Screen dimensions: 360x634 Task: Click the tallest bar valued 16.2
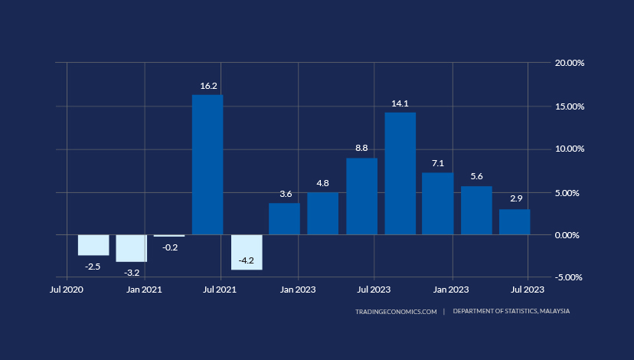(208, 165)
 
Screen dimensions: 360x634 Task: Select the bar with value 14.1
(400, 173)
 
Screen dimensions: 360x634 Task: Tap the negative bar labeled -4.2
(247, 252)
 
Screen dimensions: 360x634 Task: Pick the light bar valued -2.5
(93, 245)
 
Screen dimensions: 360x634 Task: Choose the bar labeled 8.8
(361, 196)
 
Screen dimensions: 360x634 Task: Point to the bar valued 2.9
(515, 221)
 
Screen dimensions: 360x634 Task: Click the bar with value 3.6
(284, 218)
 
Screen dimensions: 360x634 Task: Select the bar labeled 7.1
(438, 203)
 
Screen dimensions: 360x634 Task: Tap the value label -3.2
(132, 273)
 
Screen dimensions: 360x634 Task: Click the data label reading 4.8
(322, 183)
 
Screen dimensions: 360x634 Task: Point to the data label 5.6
(476, 176)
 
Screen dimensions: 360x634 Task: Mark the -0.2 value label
(169, 247)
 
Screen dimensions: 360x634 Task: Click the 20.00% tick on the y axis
(569, 63)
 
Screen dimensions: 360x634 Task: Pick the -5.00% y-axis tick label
(570, 277)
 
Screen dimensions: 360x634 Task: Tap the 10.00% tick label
(569, 149)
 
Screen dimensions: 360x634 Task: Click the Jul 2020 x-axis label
(67, 290)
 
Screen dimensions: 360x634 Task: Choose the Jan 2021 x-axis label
(144, 290)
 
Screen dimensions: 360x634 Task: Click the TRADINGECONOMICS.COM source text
(396, 312)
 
